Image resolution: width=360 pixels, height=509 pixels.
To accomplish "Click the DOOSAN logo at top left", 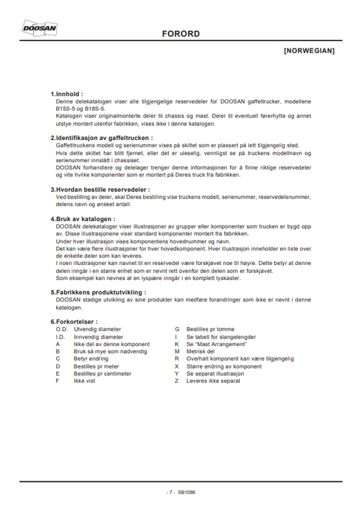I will (x=40, y=28).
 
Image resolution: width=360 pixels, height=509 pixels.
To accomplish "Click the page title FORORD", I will (x=180, y=34).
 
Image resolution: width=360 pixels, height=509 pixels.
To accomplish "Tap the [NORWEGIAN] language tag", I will (x=309, y=51).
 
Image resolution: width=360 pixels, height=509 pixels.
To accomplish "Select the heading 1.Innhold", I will (x=67, y=94).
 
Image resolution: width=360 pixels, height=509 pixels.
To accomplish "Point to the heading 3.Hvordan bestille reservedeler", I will (x=100, y=189).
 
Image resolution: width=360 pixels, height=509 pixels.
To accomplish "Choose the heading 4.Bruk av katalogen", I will (x=82, y=219).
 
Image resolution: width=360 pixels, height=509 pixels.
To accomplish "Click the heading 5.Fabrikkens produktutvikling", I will (x=98, y=292).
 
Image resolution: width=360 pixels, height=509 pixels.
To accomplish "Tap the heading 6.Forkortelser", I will (x=74, y=321).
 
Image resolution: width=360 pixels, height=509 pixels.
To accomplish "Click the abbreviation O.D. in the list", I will (x=61, y=329).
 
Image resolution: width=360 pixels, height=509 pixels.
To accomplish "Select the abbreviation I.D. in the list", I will (x=60, y=336).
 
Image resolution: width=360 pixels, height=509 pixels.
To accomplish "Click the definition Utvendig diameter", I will (x=98, y=329).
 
